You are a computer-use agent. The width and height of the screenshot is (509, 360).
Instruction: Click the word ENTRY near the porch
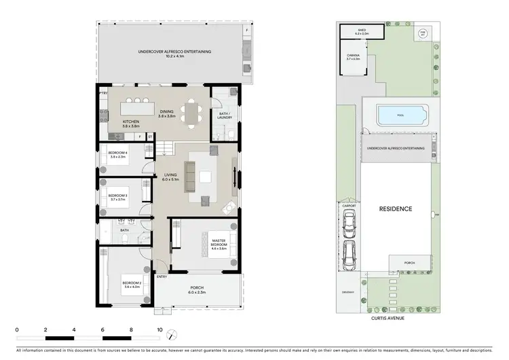tap(162, 276)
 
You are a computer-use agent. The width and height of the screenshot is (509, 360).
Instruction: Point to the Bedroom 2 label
tap(132, 285)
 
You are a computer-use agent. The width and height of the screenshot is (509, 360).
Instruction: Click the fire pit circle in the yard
tap(422, 33)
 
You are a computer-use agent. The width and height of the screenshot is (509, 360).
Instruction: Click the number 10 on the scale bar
tap(159, 330)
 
